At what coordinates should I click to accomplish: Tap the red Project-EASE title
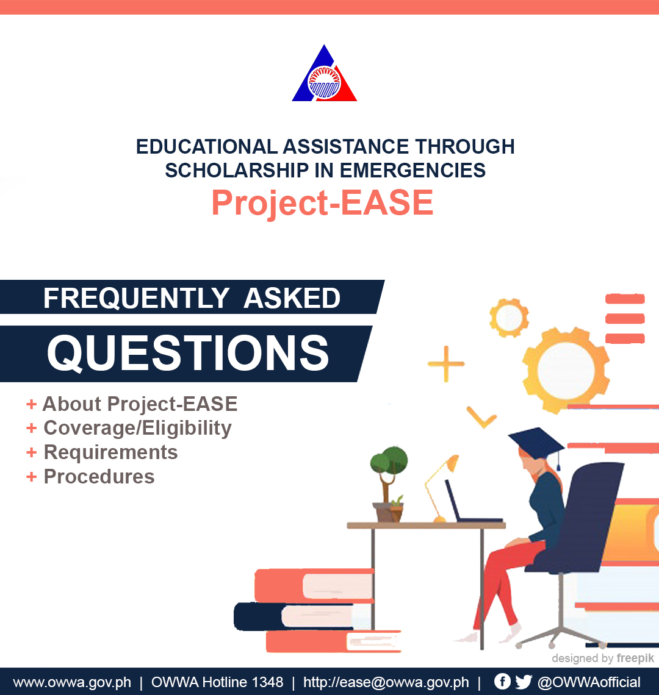[322, 202]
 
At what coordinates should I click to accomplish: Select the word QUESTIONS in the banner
[188, 353]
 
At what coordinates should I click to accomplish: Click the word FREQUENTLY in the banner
[136, 298]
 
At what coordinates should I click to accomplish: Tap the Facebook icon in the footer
[502, 681]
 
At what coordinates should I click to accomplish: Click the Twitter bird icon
[524, 682]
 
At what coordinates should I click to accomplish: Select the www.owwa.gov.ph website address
[72, 682]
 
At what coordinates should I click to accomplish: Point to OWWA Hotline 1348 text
[217, 682]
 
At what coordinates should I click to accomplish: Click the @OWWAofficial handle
[589, 682]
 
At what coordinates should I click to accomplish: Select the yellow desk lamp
[441, 488]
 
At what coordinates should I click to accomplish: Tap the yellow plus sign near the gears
[446, 364]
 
